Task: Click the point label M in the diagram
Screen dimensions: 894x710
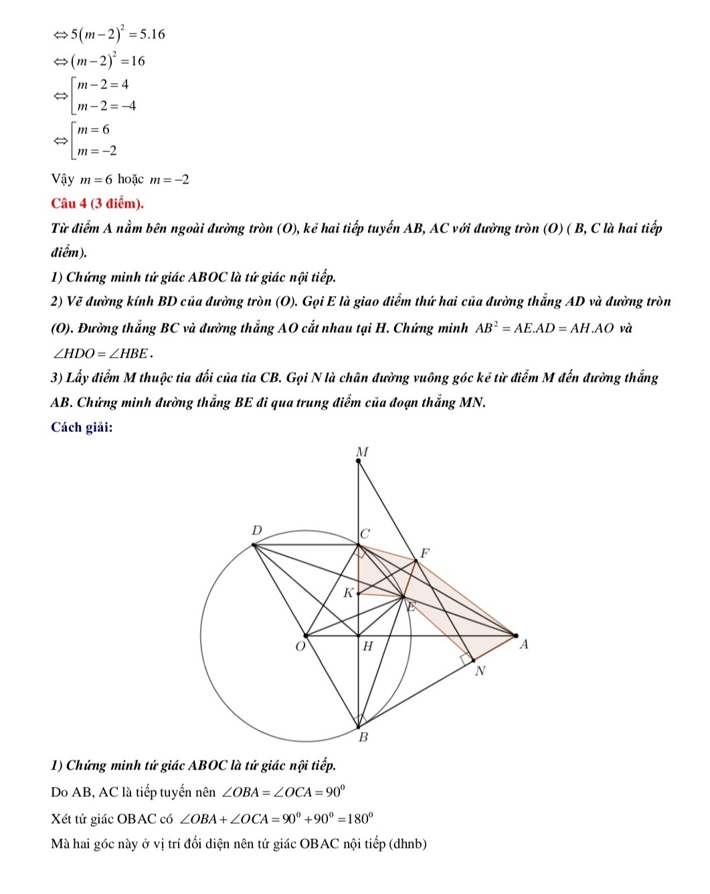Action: click(x=361, y=453)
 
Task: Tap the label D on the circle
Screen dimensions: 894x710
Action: click(x=256, y=530)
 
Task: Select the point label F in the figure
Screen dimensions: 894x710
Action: click(x=423, y=553)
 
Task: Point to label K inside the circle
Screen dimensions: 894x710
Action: click(x=348, y=593)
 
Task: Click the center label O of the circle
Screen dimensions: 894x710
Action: click(x=299, y=648)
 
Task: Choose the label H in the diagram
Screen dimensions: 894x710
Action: click(x=367, y=647)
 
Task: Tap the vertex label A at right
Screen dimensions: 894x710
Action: click(x=524, y=645)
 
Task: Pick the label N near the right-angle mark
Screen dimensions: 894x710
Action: click(x=479, y=671)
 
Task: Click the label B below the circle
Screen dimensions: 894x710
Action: click(x=363, y=738)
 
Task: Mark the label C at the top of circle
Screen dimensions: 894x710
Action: click(x=365, y=534)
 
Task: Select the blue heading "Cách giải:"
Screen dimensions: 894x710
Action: click(x=82, y=427)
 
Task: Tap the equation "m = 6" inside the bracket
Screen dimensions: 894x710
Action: click(x=93, y=130)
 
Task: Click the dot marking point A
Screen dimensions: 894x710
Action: click(x=515, y=635)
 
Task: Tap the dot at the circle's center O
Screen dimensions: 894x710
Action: click(x=306, y=636)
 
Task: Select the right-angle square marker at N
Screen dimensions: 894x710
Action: click(x=466, y=660)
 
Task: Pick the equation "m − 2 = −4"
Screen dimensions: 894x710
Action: click(x=106, y=106)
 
